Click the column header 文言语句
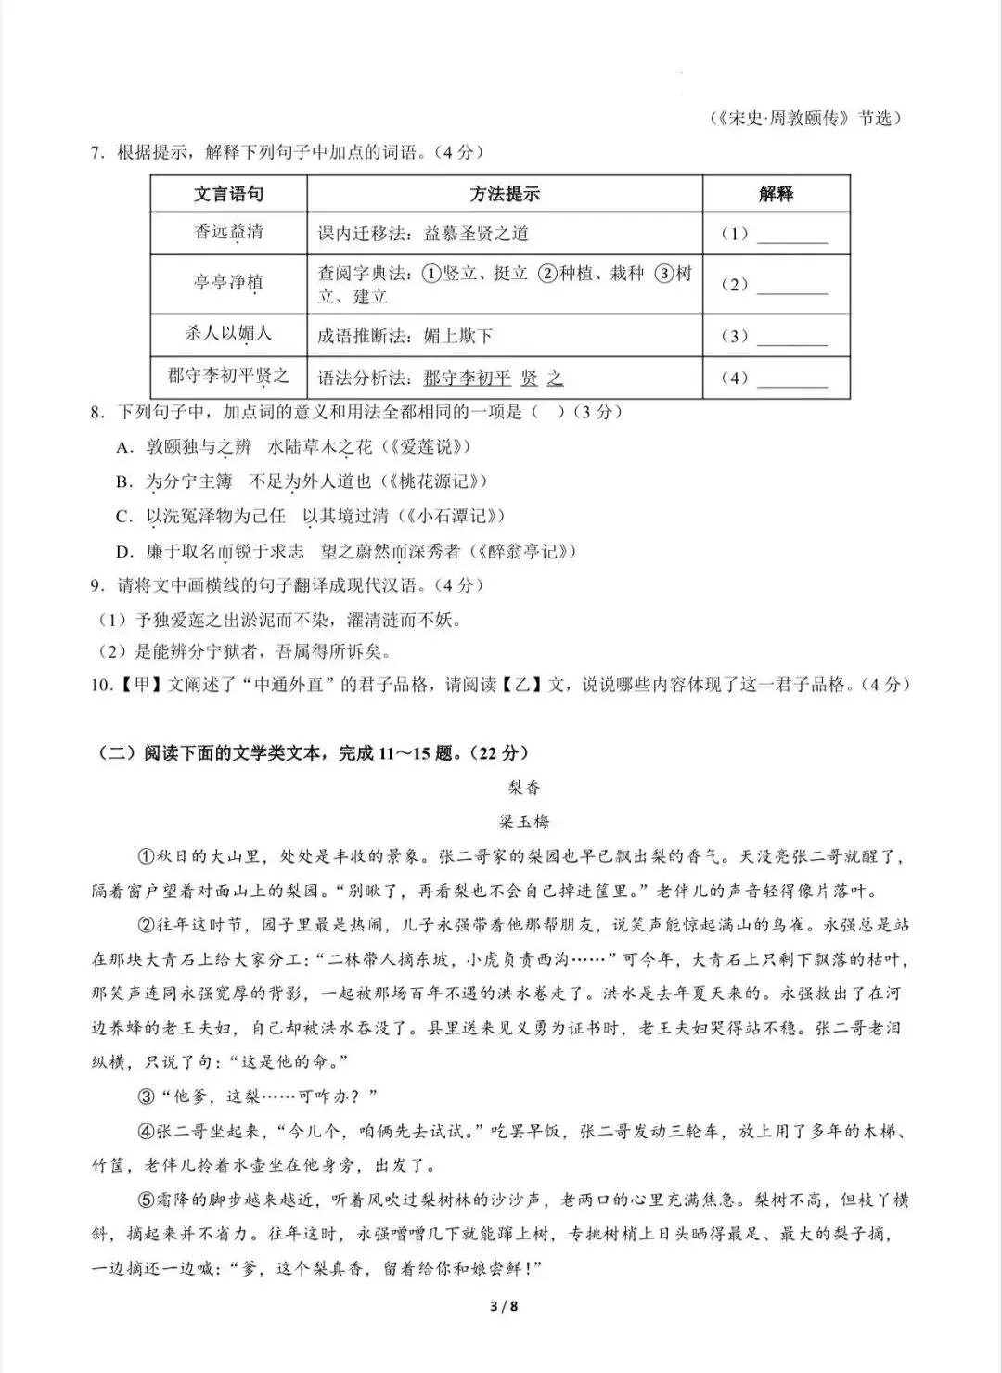pyautogui.click(x=228, y=194)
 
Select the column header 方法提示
pyautogui.click(x=504, y=194)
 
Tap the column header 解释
pyautogui.click(x=776, y=194)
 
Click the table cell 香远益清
pyautogui.click(x=228, y=232)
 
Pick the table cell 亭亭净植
pyautogui.click(x=228, y=282)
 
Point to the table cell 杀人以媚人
pyautogui.click(x=228, y=333)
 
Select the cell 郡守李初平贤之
pyautogui.click(x=228, y=376)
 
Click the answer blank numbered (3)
pyautogui.click(x=791, y=337)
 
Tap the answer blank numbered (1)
pyautogui.click(x=791, y=235)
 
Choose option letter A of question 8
pyautogui.click(x=124, y=447)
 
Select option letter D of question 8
pyautogui.click(x=124, y=552)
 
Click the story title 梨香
pyautogui.click(x=524, y=788)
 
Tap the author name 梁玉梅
pyautogui.click(x=524, y=822)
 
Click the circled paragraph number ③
pyautogui.click(x=146, y=1097)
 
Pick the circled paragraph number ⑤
pyautogui.click(x=146, y=1200)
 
